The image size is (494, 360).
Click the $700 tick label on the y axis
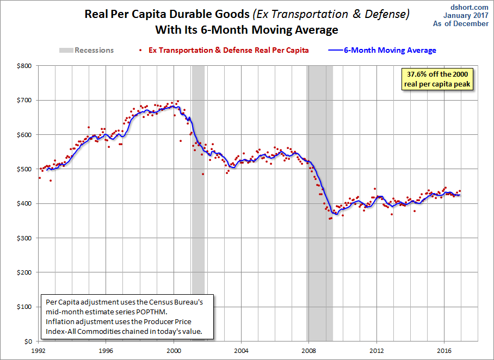tap(24, 101)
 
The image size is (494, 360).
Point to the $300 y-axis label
tap(24, 238)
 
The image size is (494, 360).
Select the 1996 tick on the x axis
tap(106, 351)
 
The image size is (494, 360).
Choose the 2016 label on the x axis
tap(444, 351)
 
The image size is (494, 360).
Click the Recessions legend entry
tap(87, 51)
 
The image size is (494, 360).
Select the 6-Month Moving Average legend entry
tap(382, 51)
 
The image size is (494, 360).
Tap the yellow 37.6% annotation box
tap(437, 79)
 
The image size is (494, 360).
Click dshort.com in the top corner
tap(470, 7)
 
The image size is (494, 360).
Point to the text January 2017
tap(466, 15)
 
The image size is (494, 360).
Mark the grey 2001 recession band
tap(198, 203)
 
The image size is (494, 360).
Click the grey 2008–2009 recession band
tap(320, 203)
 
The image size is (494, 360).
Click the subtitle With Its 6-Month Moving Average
tap(246, 30)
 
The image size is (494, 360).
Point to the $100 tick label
tap(24, 307)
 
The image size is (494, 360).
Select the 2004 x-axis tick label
tap(241, 351)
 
